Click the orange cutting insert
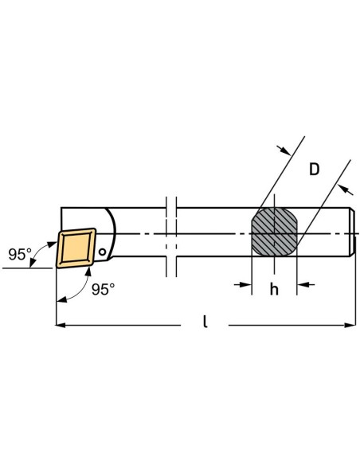[x=76, y=248]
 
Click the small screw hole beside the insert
[x=102, y=252]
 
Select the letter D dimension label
[x=315, y=170]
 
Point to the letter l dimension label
[x=205, y=322]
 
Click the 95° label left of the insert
[x=20, y=254]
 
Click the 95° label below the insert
[x=103, y=289]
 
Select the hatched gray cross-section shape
[x=274, y=232]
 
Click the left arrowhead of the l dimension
[x=61, y=326]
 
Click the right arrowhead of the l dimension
[x=350, y=326]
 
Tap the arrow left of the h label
[x=243, y=285]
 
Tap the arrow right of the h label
[x=306, y=285]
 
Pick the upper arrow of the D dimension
[x=284, y=150]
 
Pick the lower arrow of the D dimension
[x=346, y=190]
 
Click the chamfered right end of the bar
[x=353, y=232]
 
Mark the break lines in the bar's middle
[x=171, y=236]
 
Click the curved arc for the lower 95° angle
[x=78, y=290]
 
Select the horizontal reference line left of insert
[x=27, y=268]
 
